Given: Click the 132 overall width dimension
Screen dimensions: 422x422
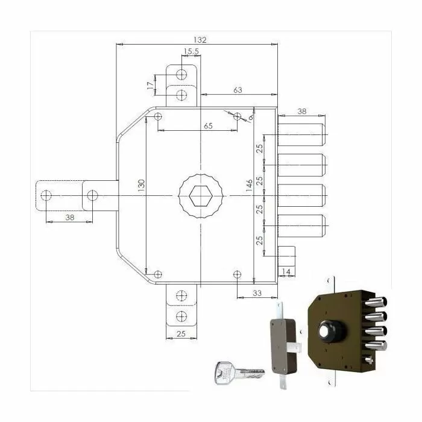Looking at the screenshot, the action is [x=200, y=40].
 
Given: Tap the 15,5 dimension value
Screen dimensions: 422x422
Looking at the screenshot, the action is [x=191, y=51].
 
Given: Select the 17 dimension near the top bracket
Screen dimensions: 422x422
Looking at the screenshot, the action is [x=151, y=86].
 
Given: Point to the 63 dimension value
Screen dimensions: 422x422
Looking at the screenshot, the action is [x=238, y=90].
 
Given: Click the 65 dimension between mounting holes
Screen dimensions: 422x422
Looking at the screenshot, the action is [x=208, y=125].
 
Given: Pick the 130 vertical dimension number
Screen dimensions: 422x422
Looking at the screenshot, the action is [x=141, y=186].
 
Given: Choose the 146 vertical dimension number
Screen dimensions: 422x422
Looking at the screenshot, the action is [x=249, y=186].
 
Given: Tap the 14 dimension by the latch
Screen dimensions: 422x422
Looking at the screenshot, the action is [x=286, y=271].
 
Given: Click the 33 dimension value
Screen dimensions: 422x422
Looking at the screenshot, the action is [x=257, y=293].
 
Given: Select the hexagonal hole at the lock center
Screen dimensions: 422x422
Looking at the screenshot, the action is [x=201, y=196].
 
